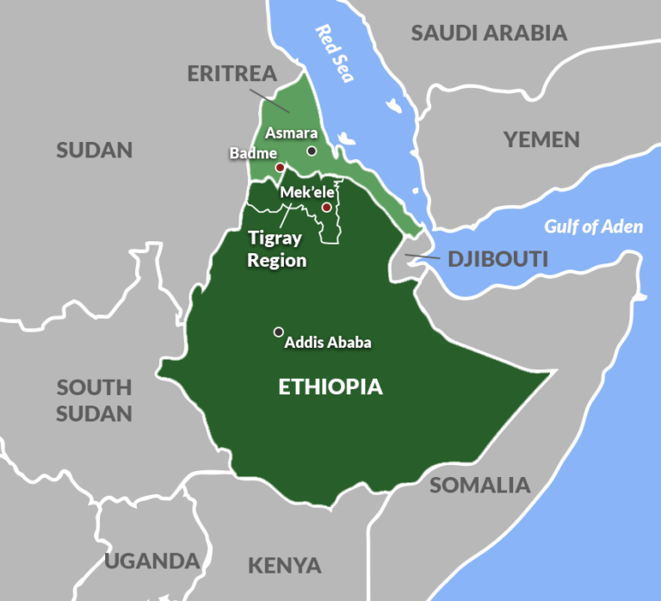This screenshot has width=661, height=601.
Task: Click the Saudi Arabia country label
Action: (x=489, y=34)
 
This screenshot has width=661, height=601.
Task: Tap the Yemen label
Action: (x=541, y=139)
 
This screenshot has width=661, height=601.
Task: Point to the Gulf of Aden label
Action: (x=593, y=227)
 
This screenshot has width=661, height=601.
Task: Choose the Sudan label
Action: (x=95, y=151)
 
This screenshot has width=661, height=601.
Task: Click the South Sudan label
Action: (x=95, y=400)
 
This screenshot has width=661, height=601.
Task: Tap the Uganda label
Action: (x=152, y=561)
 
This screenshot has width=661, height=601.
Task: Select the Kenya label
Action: (x=285, y=566)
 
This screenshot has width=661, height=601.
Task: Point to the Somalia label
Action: (x=480, y=485)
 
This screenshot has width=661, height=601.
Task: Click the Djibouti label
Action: (x=497, y=258)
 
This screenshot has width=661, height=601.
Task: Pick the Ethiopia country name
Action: (x=330, y=387)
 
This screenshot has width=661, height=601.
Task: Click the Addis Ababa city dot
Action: (x=278, y=331)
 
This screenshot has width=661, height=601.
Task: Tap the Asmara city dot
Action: (x=312, y=151)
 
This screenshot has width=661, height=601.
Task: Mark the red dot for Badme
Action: (x=280, y=167)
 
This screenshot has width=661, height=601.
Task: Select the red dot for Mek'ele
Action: (x=326, y=208)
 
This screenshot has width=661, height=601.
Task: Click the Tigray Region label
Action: (x=277, y=249)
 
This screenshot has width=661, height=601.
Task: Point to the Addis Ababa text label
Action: (x=328, y=343)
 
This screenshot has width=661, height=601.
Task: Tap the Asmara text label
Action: (x=292, y=133)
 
